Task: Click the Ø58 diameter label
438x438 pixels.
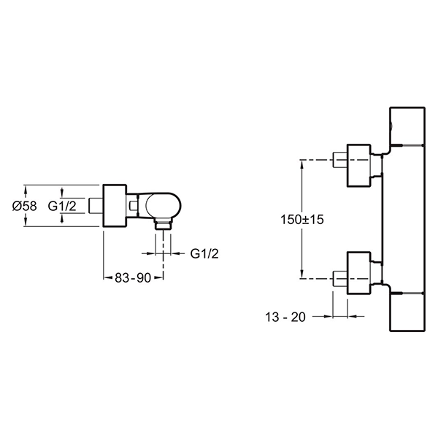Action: tap(25, 206)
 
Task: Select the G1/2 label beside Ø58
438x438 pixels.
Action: tap(62, 206)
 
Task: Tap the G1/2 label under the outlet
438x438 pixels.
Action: tap(204, 253)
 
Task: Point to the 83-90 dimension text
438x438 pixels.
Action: tap(133, 277)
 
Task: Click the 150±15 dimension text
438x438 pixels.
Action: tap(302, 219)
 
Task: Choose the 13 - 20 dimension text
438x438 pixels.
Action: tap(285, 317)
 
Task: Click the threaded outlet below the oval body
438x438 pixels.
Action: tap(164, 224)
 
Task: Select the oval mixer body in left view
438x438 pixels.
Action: tap(164, 206)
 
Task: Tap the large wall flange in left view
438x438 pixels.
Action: tap(115, 206)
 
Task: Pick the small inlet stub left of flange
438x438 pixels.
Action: tap(96, 206)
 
